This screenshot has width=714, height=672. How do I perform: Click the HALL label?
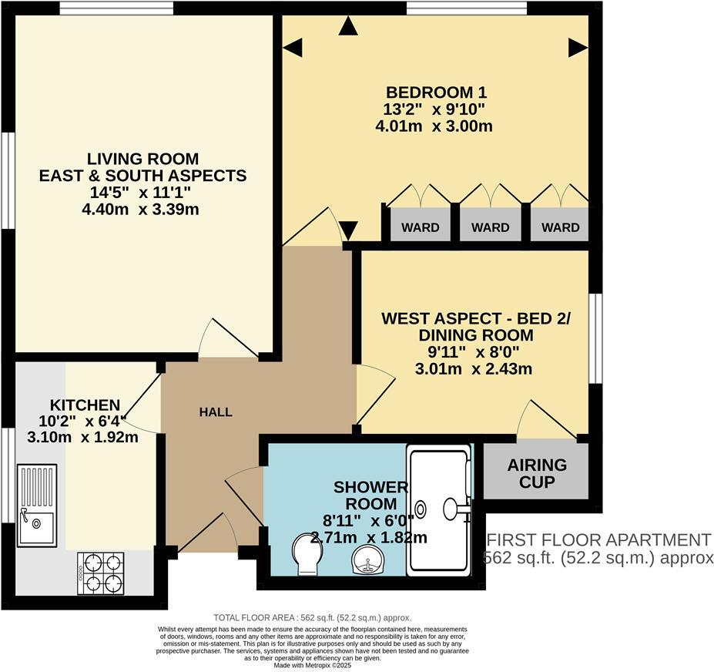[216, 412]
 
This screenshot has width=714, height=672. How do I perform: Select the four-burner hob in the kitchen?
[100, 573]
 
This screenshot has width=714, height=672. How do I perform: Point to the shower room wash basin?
[367, 560]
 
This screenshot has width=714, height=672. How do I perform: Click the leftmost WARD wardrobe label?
[420, 227]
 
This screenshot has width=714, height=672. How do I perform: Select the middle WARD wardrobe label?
[490, 227]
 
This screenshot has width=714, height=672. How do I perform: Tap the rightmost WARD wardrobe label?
[560, 227]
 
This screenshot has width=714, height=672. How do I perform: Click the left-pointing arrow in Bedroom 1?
[293, 49]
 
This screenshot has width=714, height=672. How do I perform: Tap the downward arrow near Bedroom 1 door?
[348, 230]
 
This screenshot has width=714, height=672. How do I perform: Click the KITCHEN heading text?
[85, 405]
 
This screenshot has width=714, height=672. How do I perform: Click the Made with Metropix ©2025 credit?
[312, 666]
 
